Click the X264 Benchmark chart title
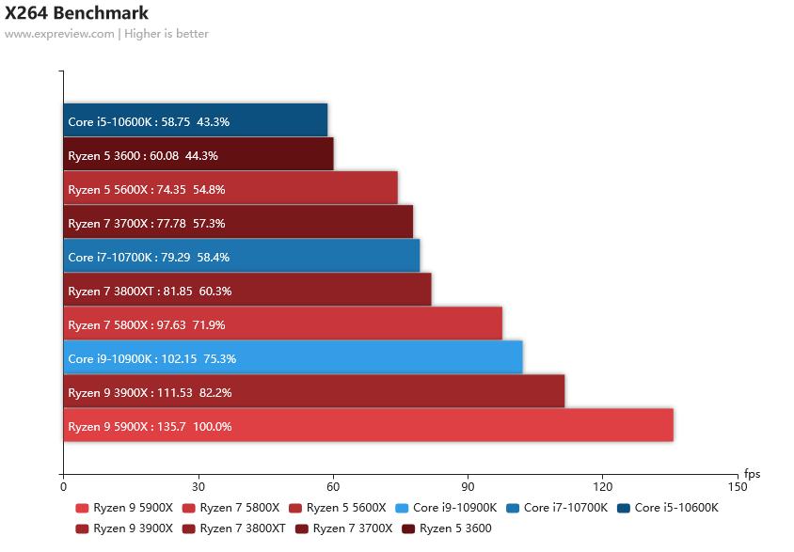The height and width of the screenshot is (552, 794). (x=76, y=13)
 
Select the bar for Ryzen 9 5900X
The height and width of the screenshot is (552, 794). (x=368, y=426)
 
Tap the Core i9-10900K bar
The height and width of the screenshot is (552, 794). (x=293, y=358)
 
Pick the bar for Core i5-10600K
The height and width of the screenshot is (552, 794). (x=196, y=121)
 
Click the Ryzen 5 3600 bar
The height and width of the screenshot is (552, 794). (x=198, y=155)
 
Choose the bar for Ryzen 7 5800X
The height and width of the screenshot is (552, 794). (x=282, y=324)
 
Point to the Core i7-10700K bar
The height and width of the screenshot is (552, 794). (x=242, y=257)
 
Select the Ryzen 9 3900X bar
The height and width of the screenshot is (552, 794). (x=314, y=392)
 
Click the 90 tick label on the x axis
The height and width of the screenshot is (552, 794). (x=468, y=487)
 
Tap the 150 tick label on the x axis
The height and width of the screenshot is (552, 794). (x=738, y=487)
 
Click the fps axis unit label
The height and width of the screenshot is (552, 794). (x=752, y=474)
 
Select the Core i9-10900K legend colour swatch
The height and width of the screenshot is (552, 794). (x=403, y=508)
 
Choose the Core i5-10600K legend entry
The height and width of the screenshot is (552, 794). (x=668, y=508)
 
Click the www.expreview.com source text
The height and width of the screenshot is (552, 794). (x=59, y=34)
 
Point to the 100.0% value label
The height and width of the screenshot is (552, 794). (x=213, y=426)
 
